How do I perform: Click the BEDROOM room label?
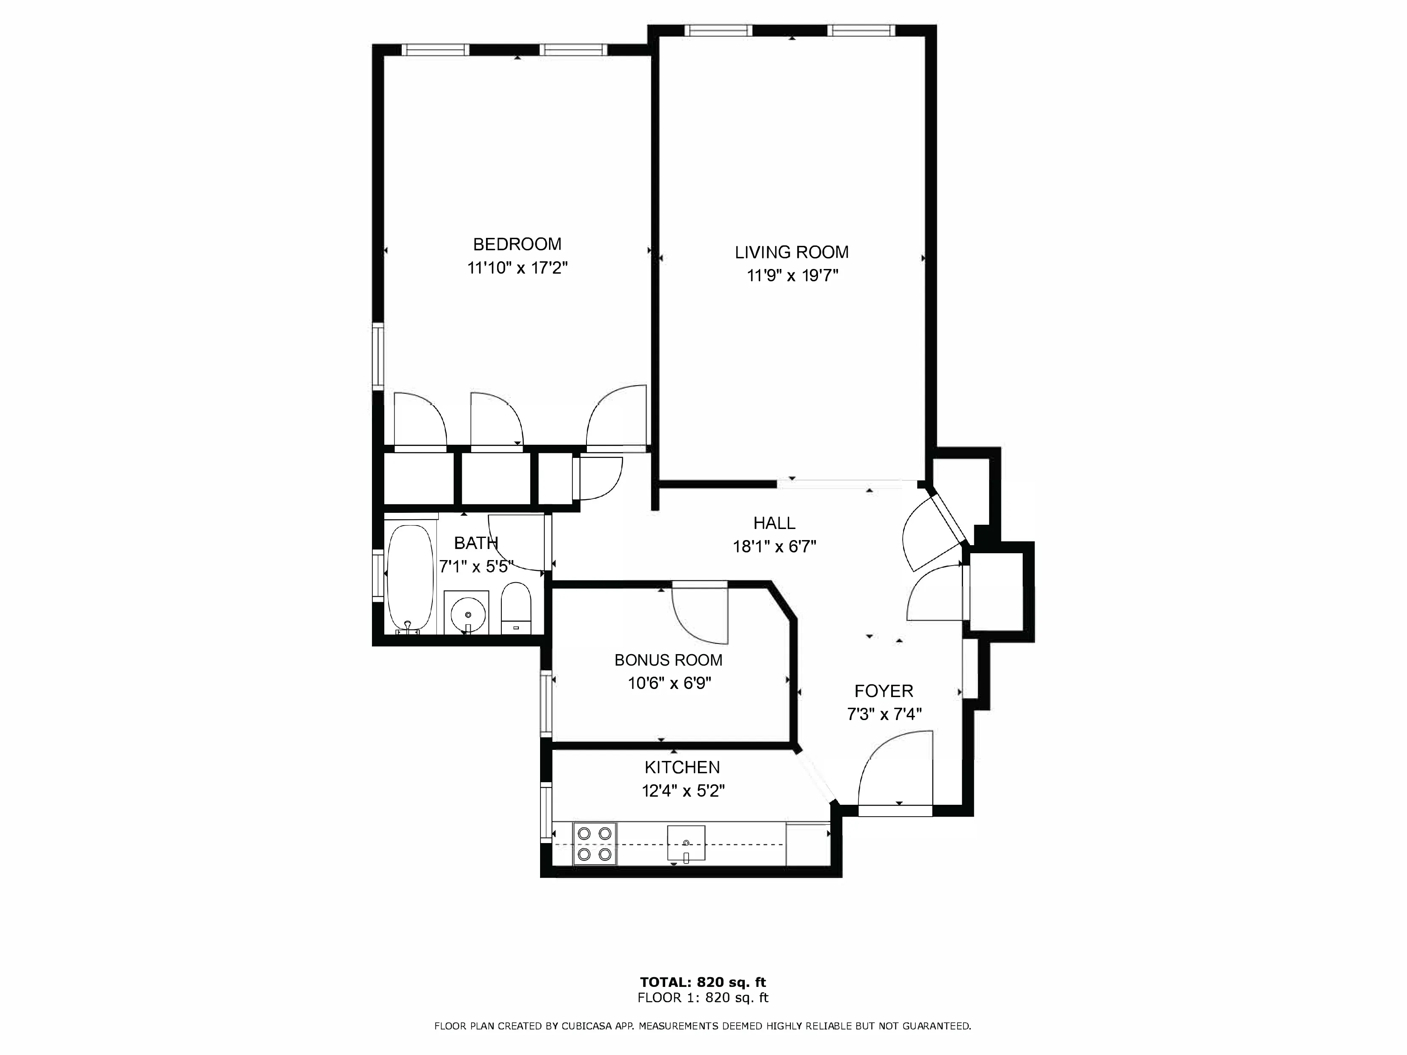pos(517,244)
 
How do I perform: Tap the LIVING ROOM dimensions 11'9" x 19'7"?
pos(792,276)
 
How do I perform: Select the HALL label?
pos(774,523)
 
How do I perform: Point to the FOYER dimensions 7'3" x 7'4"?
pos(884,714)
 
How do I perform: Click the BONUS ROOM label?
pos(668,660)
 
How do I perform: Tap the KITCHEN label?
pos(682,767)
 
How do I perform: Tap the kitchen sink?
pos(686,843)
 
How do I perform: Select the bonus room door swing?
pos(698,614)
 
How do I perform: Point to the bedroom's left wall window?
pos(378,356)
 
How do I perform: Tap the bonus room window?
pos(546,703)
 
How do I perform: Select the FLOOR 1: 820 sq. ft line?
pos(703,998)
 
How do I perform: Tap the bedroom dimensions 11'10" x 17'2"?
pos(517,268)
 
